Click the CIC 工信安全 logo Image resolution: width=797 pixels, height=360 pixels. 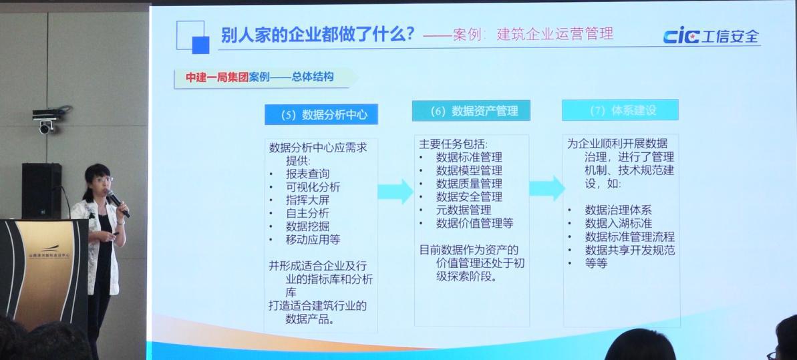(x=711, y=37)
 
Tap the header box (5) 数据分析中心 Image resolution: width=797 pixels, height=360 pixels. (x=321, y=114)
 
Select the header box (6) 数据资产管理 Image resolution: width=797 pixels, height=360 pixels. (x=471, y=111)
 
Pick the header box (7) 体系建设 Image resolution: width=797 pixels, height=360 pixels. (x=620, y=110)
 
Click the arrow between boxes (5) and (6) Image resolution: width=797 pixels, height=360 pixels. (x=395, y=192)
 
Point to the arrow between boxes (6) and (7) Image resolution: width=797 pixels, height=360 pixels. (x=546, y=188)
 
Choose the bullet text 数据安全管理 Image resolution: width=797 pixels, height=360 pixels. (x=469, y=196)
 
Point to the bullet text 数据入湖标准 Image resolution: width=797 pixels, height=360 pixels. (x=618, y=223)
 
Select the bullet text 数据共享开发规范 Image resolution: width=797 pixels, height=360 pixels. (x=630, y=250)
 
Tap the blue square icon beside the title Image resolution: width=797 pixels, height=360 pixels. (x=200, y=45)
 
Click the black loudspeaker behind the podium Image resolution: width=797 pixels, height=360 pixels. (x=41, y=190)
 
